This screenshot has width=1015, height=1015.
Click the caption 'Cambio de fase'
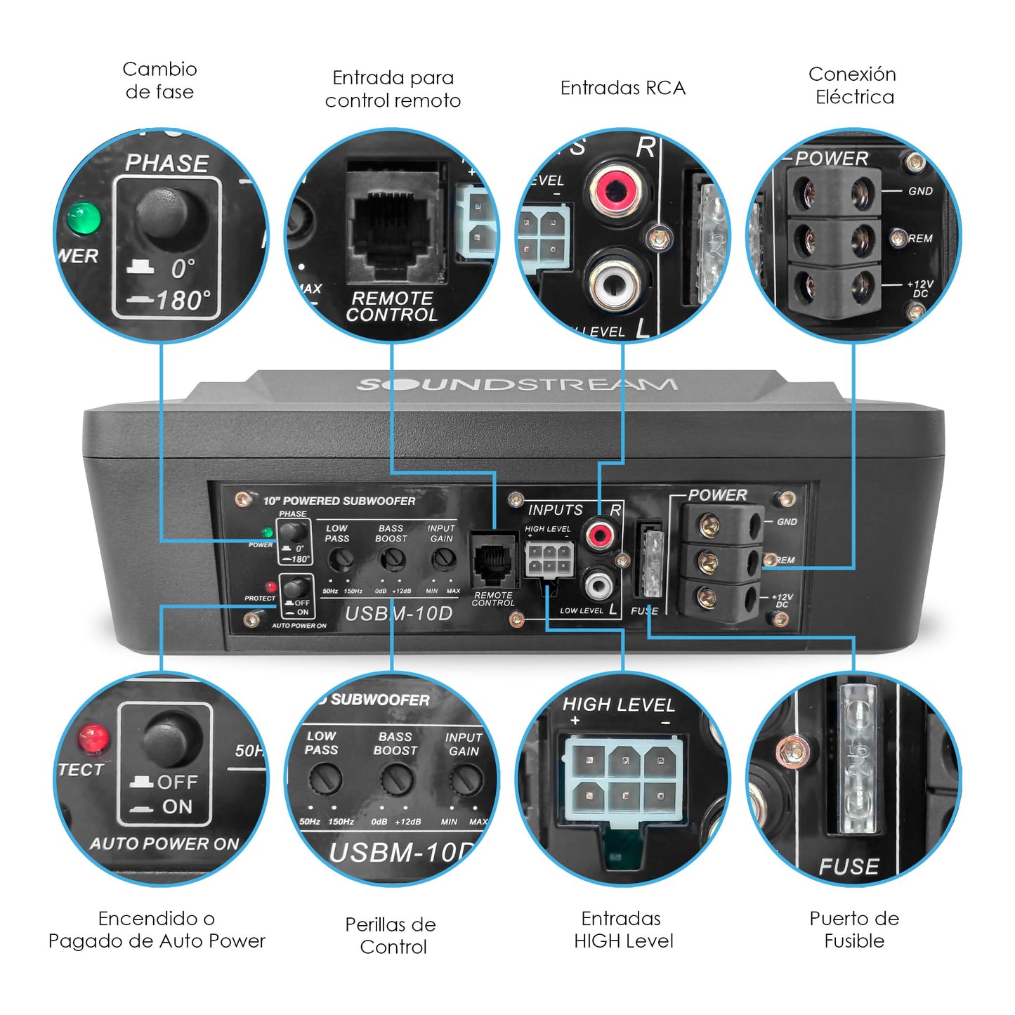pyautogui.click(x=159, y=80)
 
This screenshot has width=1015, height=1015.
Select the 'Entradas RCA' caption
pyautogui.click(x=622, y=88)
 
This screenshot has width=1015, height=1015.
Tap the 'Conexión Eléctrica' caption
pyautogui.click(x=853, y=85)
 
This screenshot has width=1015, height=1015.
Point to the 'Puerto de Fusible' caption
pyautogui.click(x=853, y=929)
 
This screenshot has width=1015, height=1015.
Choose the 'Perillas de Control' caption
pyautogui.click(x=391, y=935)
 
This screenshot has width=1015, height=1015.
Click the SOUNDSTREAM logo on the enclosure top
pyautogui.click(x=517, y=384)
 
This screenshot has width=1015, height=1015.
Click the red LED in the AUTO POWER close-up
pyautogui.click(x=93, y=738)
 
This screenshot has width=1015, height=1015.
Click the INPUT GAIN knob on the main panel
pyautogui.click(x=443, y=560)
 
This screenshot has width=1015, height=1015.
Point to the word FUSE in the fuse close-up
pyautogui.click(x=849, y=867)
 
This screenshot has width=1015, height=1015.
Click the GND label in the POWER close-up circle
pyautogui.click(x=920, y=191)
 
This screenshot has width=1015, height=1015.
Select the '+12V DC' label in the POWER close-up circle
pyautogui.click(x=920, y=288)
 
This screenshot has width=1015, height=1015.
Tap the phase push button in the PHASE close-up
pyautogui.click(x=171, y=214)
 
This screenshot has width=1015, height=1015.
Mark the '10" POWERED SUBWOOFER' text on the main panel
pyautogui.click(x=339, y=501)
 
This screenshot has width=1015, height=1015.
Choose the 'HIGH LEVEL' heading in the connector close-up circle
pyautogui.click(x=618, y=705)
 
